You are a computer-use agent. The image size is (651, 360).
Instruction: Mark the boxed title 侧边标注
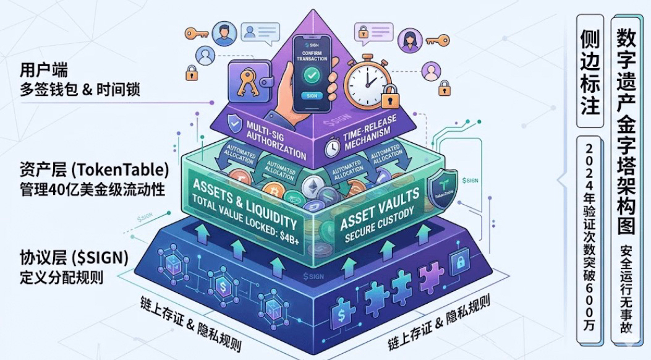(x=590, y=71)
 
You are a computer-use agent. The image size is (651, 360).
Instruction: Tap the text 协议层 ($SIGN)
(x=70, y=257)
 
